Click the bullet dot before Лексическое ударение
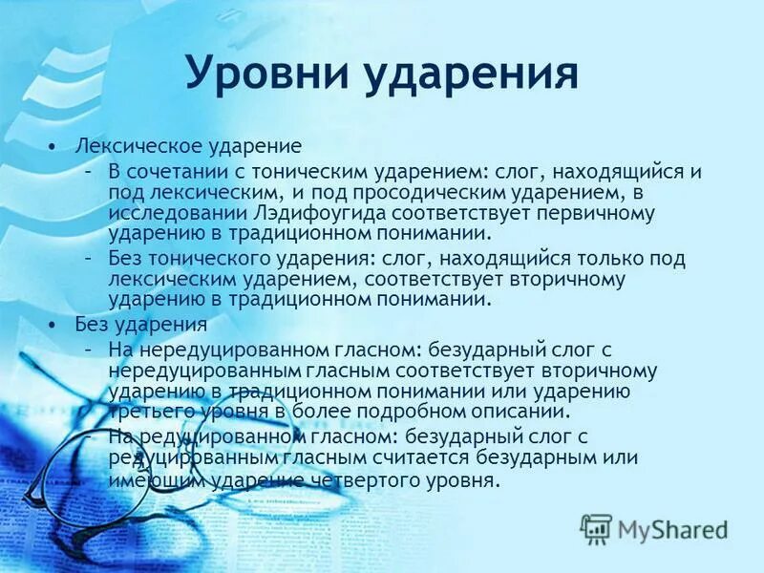53,147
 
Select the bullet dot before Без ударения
53,325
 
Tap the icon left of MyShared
596,528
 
